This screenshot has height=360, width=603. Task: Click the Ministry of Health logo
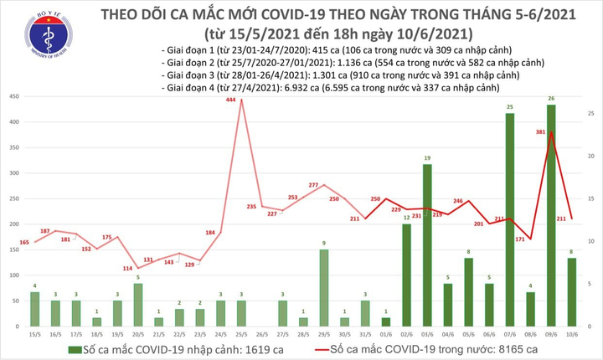point(48,39)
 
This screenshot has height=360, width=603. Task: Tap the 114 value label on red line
point(128,268)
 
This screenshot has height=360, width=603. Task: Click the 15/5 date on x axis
point(34,334)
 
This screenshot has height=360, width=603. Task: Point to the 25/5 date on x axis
point(241,334)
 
